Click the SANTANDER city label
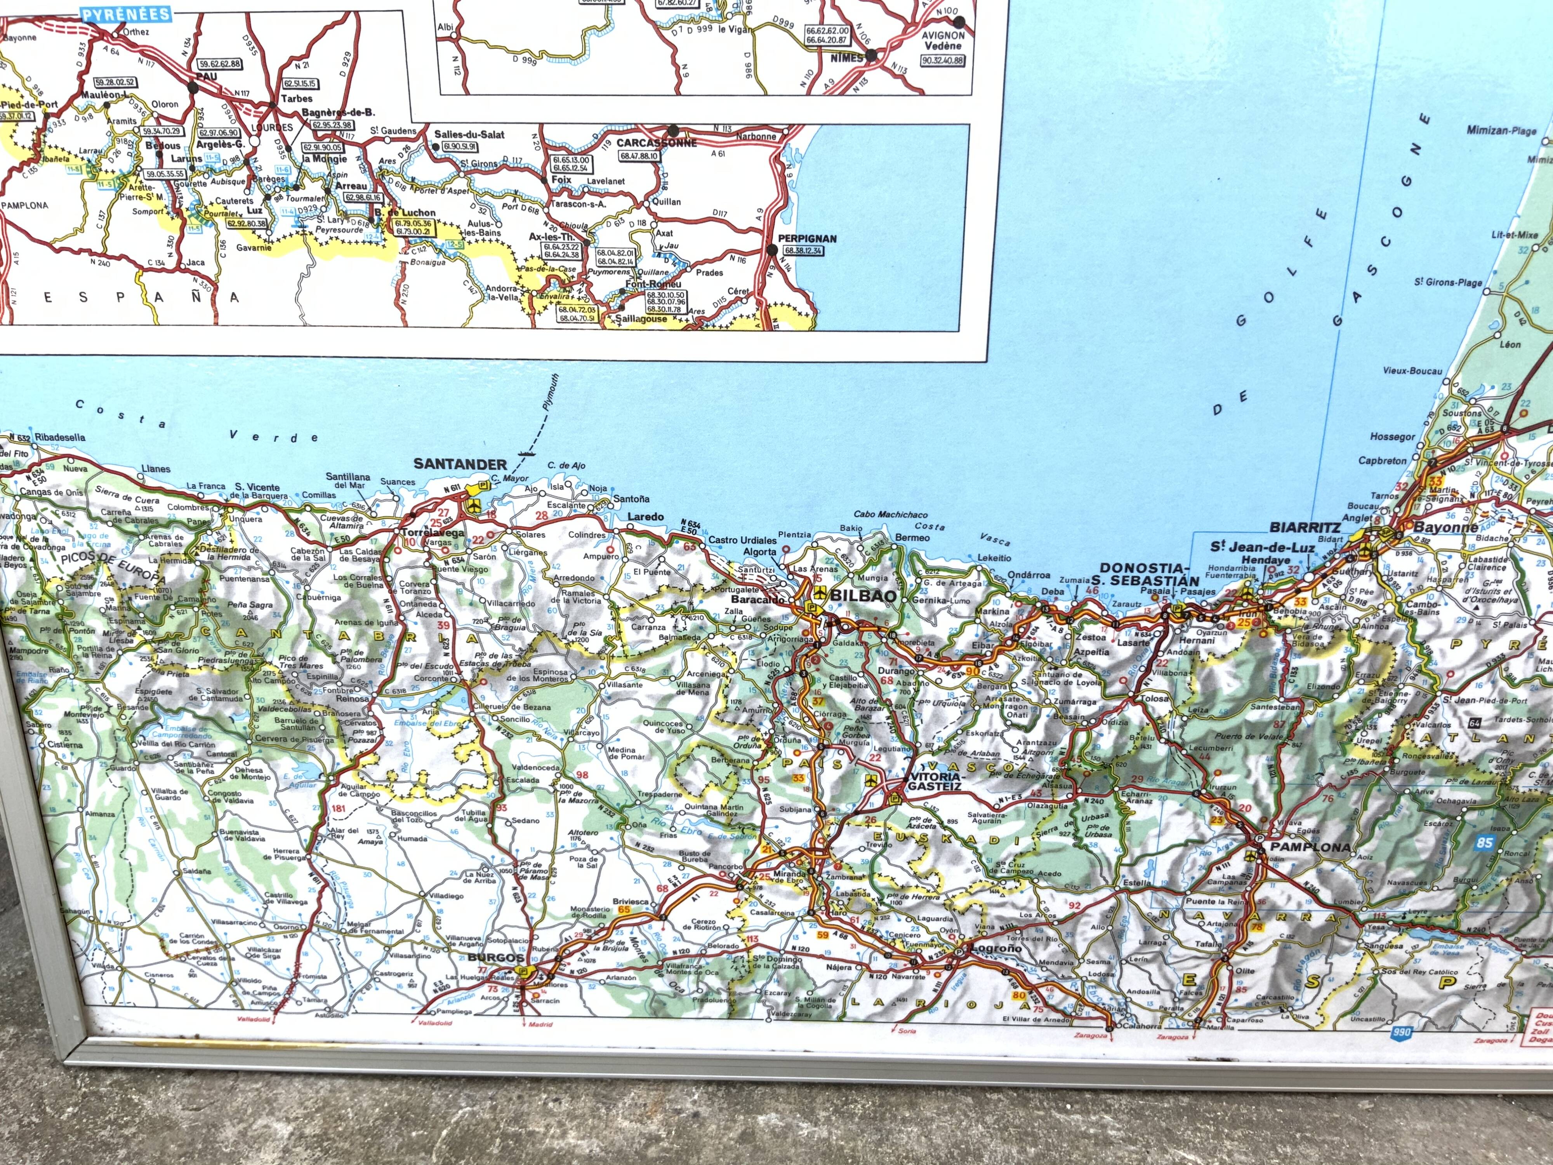460,464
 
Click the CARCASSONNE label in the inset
657,143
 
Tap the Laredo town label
645,517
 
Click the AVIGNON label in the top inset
943,35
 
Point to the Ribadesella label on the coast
60,437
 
